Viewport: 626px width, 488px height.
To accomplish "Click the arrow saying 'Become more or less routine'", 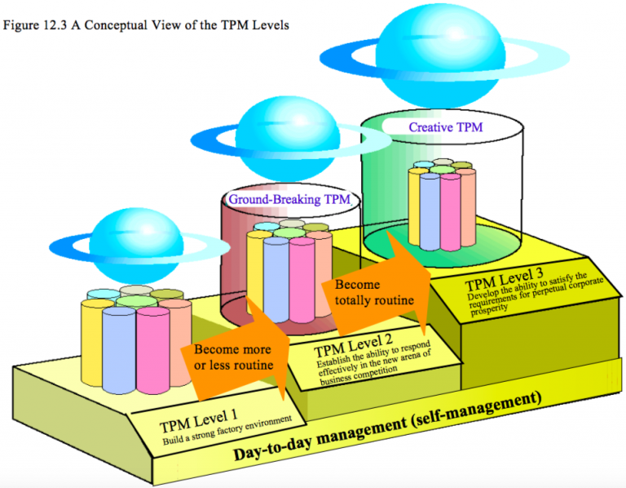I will (x=233, y=356).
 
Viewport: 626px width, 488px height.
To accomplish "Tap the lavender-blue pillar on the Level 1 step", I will (x=117, y=349).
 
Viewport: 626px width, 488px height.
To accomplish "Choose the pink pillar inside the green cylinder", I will (x=450, y=211).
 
